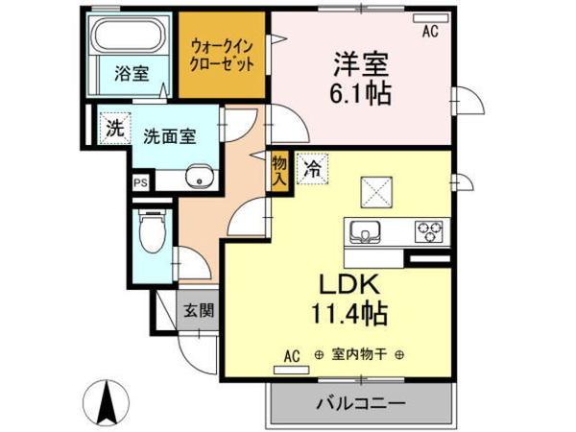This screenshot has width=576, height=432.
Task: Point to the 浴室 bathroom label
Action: tap(131, 72)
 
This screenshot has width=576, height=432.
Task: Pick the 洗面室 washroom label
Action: tap(169, 136)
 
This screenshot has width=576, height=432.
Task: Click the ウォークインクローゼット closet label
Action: tap(223, 55)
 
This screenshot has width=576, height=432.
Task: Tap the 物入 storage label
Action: tap(279, 170)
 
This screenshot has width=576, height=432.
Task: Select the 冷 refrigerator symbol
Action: tap(311, 168)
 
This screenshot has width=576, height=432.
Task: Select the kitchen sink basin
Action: tap(366, 231)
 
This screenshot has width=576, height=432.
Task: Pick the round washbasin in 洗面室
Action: tap(199, 179)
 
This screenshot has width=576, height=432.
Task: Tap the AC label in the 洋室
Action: tap(429, 31)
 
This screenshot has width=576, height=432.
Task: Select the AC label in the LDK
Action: tap(292, 356)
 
